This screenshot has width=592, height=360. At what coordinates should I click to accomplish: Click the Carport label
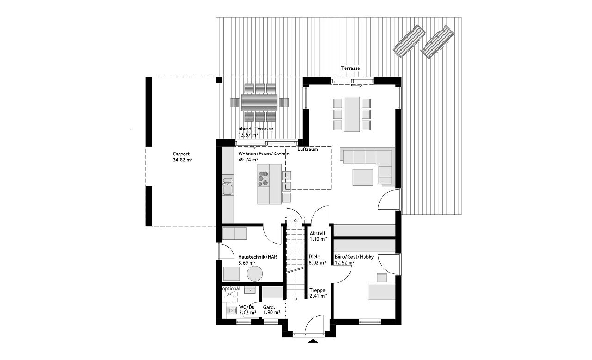[x=181, y=154]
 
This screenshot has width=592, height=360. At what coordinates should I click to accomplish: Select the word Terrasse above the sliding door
[x=351, y=68]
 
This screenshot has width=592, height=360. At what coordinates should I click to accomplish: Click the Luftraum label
[x=308, y=149]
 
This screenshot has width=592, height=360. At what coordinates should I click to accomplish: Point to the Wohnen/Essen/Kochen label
[x=264, y=154]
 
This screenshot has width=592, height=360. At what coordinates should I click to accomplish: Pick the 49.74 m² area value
[x=249, y=160]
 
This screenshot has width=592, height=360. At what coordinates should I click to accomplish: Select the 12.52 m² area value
[x=345, y=263]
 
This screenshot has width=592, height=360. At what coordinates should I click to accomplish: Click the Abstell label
[x=317, y=233]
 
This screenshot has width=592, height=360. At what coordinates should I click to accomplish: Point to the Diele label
[x=314, y=256]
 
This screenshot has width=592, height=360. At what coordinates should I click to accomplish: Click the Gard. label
[x=269, y=307]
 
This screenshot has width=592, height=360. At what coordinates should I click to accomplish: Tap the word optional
[x=231, y=289]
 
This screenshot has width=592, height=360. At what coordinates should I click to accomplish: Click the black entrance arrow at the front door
[x=314, y=341]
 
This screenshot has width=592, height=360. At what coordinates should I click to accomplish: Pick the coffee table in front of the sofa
[x=363, y=177]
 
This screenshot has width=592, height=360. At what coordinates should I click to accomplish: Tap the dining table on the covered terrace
[x=259, y=102]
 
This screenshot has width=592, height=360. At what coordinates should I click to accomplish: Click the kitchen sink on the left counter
[x=228, y=189]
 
